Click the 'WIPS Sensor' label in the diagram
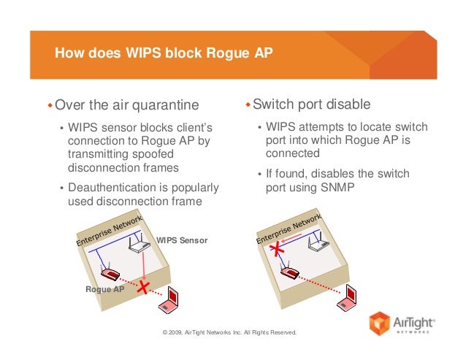183,240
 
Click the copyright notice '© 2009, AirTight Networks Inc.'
230,332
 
